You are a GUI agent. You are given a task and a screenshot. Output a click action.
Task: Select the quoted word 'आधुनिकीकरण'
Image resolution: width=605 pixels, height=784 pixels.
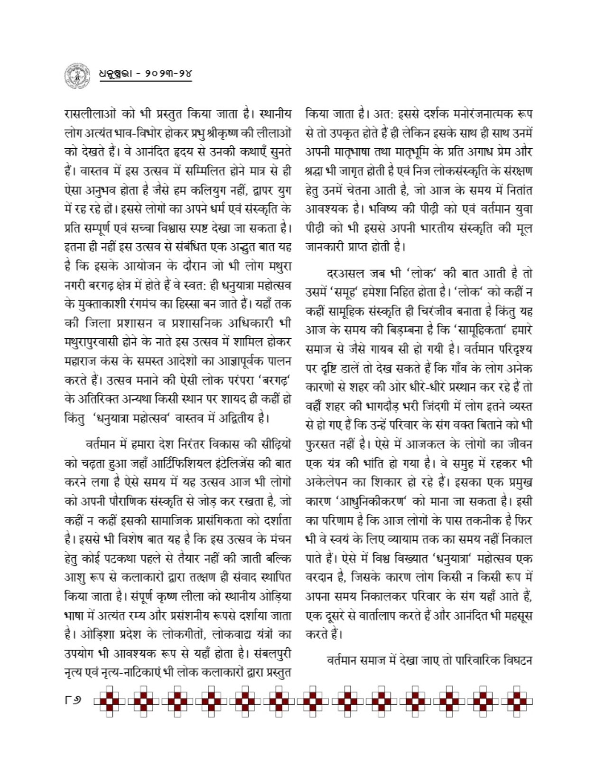tap(371, 502)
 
